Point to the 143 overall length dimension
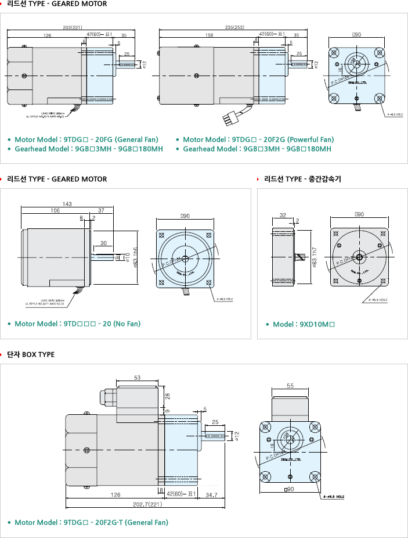(x=67, y=204)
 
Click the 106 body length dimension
(x=55, y=210)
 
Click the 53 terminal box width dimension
(x=137, y=378)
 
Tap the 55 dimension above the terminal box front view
(x=291, y=385)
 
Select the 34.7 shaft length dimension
(x=212, y=494)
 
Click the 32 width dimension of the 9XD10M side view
(x=283, y=215)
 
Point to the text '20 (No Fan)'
(x=122, y=324)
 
